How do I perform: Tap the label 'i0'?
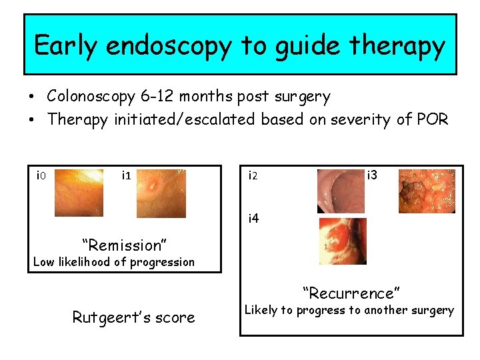tap(40, 176)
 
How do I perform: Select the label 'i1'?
tap(125, 176)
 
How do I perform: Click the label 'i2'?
tap(253, 177)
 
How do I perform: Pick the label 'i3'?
tap(372, 175)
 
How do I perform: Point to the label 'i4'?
tap(253, 218)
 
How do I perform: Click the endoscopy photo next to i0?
tap(79, 193)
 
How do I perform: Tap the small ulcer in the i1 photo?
tap(155, 185)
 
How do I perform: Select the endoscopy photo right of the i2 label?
tap(341, 191)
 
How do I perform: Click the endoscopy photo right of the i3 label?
tap(427, 191)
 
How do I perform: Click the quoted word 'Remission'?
tap(123, 245)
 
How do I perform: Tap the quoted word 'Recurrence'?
tap(351, 293)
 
